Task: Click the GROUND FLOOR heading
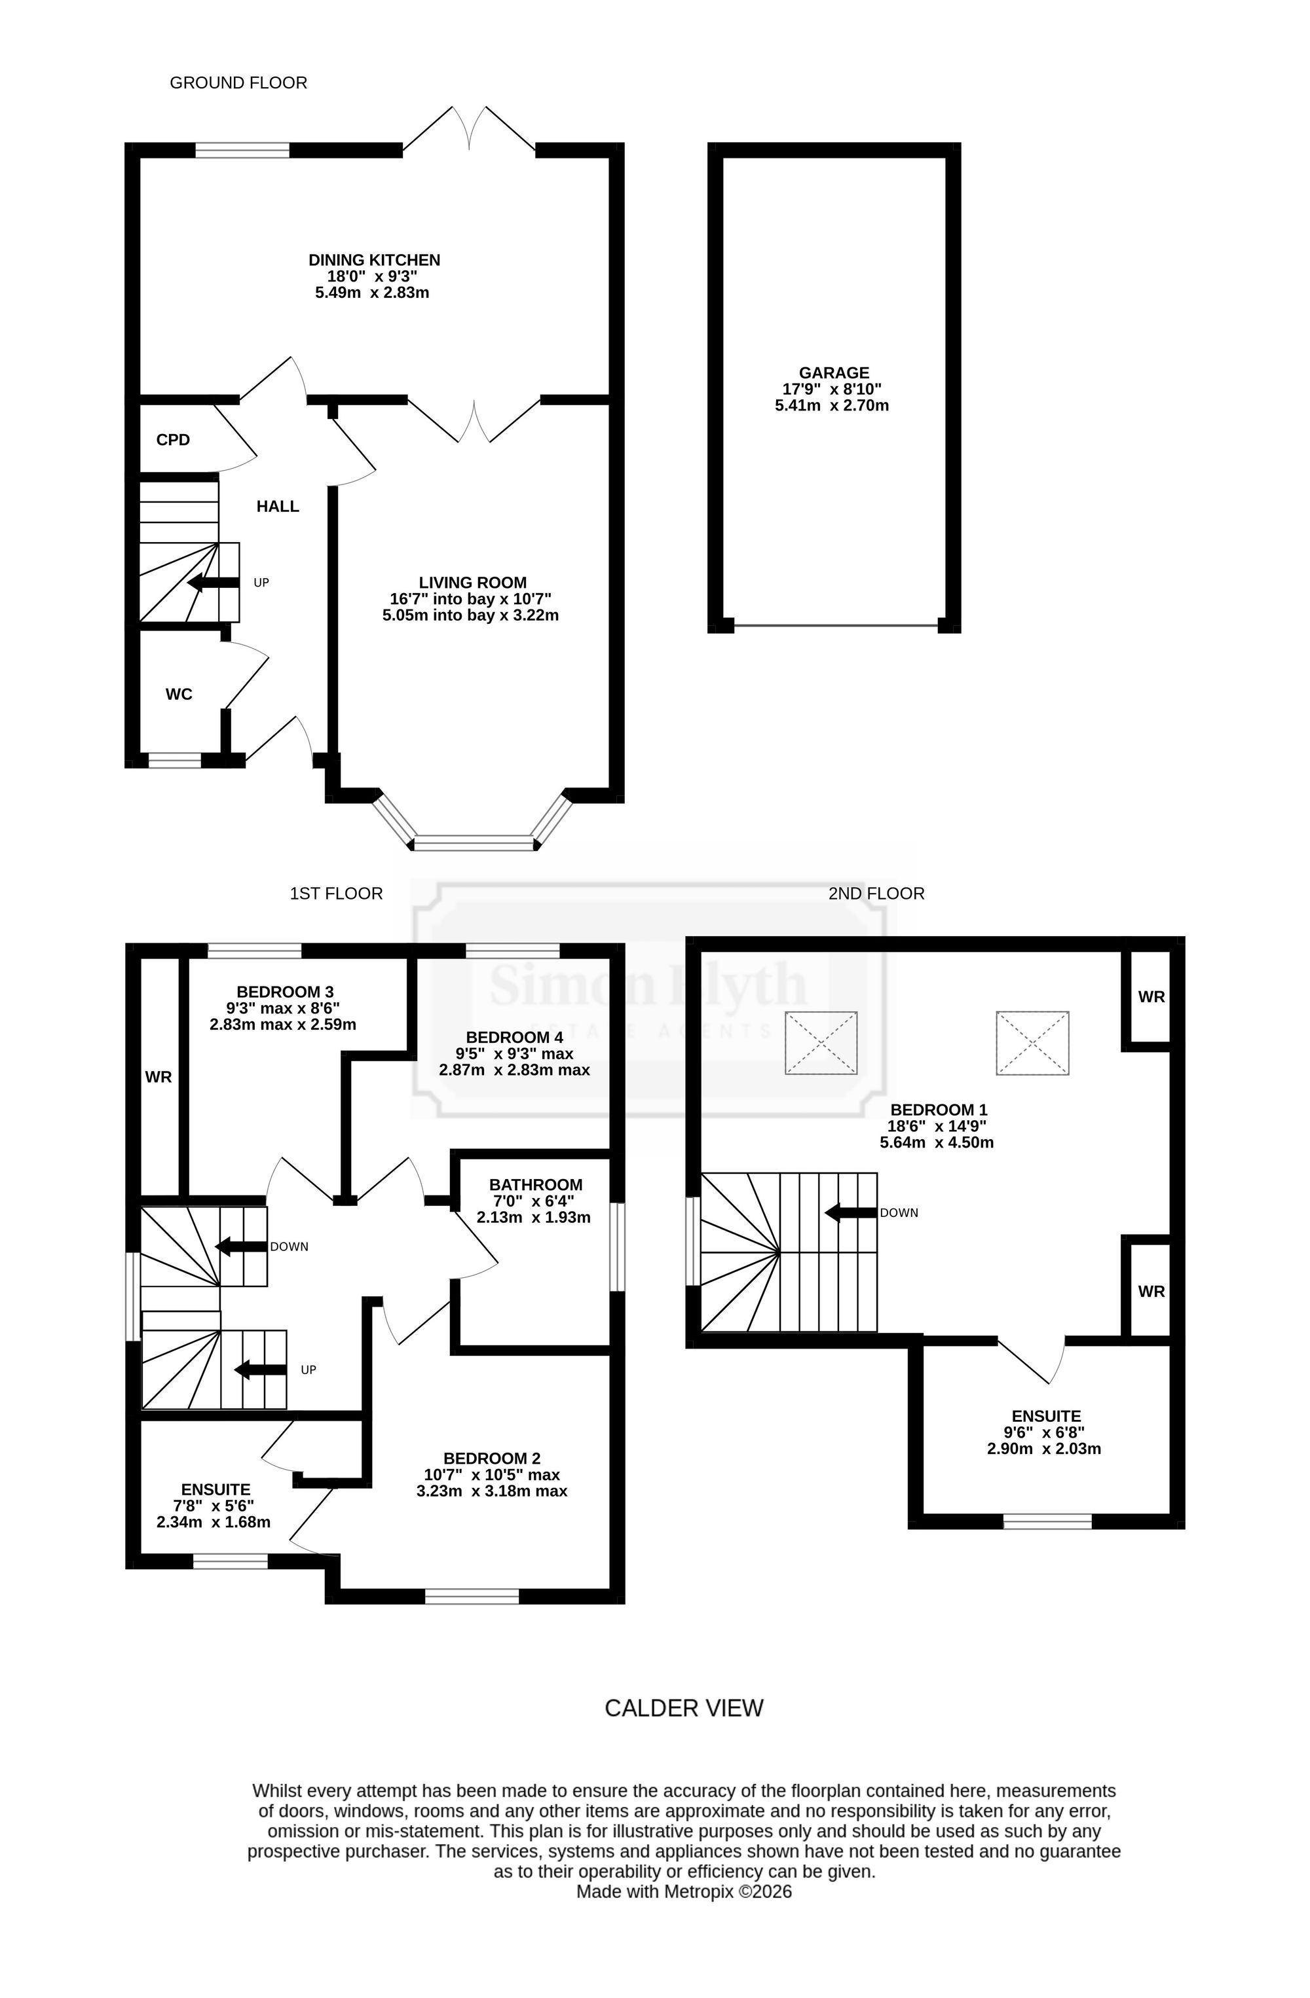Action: point(238,83)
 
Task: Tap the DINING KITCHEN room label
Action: point(375,261)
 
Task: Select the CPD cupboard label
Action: point(173,440)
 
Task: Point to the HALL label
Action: point(278,506)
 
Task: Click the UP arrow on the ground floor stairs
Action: point(214,583)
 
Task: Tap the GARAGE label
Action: point(834,372)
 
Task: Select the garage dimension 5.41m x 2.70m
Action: point(831,405)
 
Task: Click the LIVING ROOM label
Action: point(473,583)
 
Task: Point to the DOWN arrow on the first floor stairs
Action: point(241,1246)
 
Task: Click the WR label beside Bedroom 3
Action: point(159,1076)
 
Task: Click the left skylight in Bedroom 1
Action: point(821,1043)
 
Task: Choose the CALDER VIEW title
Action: point(684,1709)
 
